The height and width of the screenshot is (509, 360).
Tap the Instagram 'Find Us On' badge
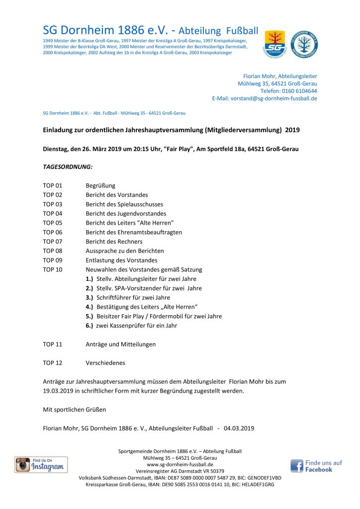click(41, 464)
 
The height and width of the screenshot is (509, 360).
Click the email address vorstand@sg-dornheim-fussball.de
click(273, 98)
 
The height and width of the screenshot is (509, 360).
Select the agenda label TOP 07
click(53, 242)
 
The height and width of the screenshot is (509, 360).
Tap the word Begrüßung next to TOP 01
click(100, 185)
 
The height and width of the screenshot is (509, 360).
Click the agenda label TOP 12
click(53, 363)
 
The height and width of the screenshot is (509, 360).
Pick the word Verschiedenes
click(105, 363)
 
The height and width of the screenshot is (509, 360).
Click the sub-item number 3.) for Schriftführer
click(90, 298)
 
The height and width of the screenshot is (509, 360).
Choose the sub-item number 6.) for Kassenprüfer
click(90, 326)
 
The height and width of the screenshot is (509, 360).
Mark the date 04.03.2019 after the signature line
click(239, 428)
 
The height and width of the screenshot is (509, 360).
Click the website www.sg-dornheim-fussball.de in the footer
click(180, 464)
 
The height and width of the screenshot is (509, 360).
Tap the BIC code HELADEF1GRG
click(257, 484)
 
